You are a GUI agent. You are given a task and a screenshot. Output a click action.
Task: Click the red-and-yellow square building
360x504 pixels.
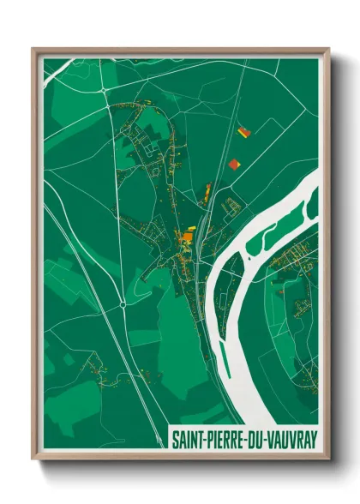(243, 133)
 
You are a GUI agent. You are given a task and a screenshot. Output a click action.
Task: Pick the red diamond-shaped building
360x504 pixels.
(237, 163)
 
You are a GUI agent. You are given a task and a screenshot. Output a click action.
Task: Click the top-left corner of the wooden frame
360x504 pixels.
(33, 49)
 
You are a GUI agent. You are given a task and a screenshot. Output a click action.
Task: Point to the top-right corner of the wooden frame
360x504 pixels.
(328, 49)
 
